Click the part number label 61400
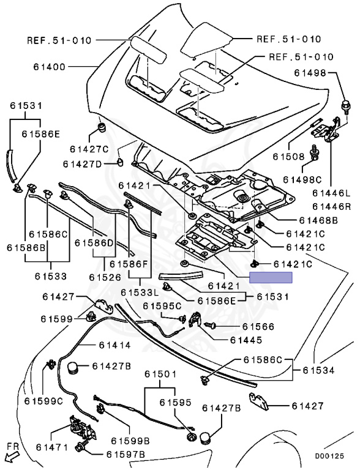pos(49,67)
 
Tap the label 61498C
pos(302,179)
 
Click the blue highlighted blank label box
pos(271,277)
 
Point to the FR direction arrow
pos(13,458)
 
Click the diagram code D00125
pos(329,456)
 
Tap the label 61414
pos(115,345)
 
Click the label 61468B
pos(318,220)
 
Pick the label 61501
pos(160,374)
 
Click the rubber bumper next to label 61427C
pos(103,127)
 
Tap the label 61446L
pos(331,193)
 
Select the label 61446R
pos(331,206)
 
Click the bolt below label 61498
pos(346,107)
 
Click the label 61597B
pos(126,455)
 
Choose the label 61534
pos(318,370)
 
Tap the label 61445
pos(246,340)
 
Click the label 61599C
pos(43,401)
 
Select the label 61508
pos(288,157)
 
